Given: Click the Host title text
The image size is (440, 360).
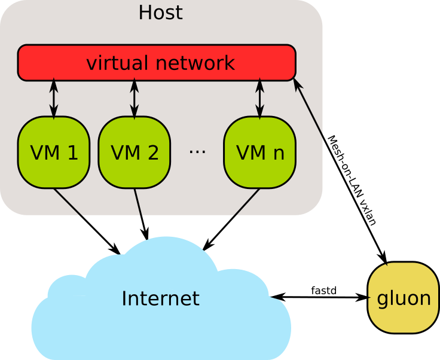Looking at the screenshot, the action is tap(161, 13).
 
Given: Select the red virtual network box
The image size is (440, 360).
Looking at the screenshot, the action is tap(157, 63).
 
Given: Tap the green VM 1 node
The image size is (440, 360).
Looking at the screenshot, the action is tap(54, 152).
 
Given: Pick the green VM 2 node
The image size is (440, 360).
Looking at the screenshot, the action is tap(135, 152).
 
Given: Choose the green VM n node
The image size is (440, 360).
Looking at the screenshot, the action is tap(260, 152).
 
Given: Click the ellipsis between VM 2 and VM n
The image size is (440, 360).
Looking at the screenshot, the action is tap(197, 151).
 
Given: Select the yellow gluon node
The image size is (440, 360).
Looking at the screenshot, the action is tap(404, 297).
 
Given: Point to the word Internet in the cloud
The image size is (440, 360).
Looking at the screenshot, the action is tap(160, 298).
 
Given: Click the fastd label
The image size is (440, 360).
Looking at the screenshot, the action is tap(324, 291).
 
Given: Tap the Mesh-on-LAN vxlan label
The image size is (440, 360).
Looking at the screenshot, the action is tap(352, 181).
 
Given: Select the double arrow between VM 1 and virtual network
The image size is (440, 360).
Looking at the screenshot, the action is tap(54, 99).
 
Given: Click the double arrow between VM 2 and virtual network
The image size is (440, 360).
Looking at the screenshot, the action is tap(135, 99).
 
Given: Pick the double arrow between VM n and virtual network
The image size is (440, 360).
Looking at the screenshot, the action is tap(260, 99).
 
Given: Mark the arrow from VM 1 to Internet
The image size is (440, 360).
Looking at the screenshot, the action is tap(87, 221).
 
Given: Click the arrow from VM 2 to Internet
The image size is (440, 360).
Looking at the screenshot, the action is tap(141, 214).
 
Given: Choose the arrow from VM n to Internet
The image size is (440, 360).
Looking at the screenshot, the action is tap(231, 219).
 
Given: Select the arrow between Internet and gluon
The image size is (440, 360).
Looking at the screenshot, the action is tap(319, 297).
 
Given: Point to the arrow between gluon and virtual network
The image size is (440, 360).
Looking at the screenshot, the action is tap(340, 171).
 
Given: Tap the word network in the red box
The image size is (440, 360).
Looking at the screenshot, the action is tap(195, 63).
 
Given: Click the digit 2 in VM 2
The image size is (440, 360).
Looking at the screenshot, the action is tap(153, 152).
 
